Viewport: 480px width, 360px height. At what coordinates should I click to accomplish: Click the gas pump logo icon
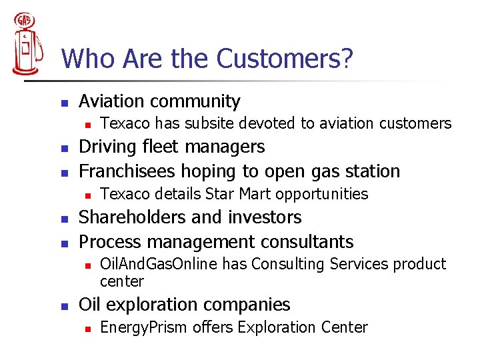click(25, 44)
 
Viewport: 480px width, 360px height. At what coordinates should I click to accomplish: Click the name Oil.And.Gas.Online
click(158, 264)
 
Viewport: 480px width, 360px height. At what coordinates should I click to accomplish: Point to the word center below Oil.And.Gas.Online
click(122, 281)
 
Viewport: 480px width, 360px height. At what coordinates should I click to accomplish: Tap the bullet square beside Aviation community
click(65, 103)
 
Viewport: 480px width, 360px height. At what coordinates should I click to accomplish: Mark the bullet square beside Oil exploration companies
click(65, 307)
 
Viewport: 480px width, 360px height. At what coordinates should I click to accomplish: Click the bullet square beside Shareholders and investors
click(65, 219)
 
